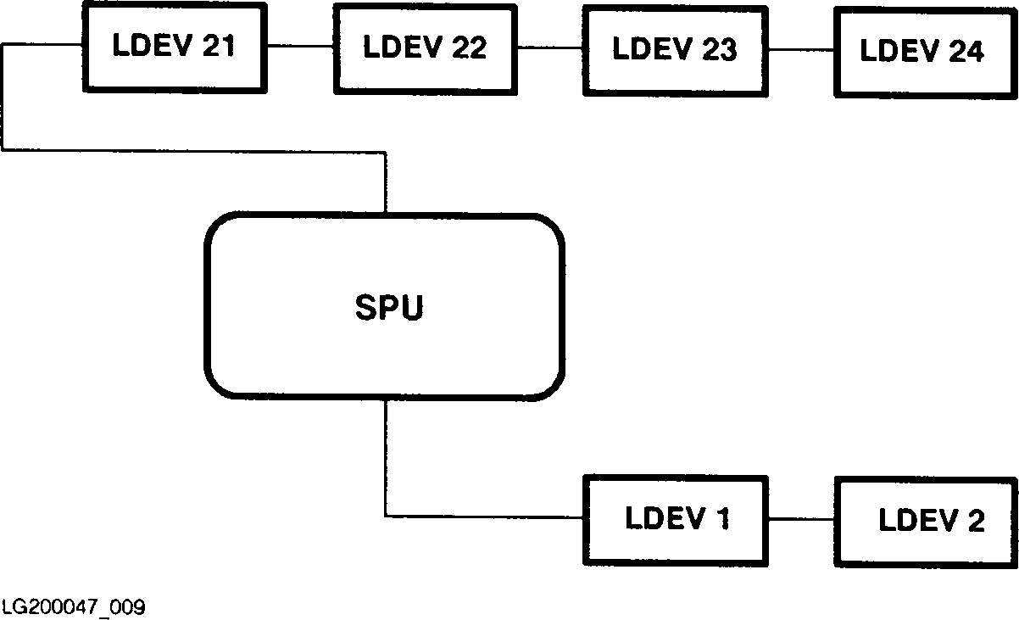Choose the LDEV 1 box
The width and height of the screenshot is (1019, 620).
pos(676,519)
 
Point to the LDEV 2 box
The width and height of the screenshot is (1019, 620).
pos(925,520)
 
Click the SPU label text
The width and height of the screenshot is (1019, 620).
pos(388,308)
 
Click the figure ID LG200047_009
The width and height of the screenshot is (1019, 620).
pos(74,607)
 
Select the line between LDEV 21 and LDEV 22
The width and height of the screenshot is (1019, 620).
pos(299,45)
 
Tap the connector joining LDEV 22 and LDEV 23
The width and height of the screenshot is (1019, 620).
pos(550,48)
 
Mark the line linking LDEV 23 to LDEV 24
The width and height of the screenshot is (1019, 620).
pos(801,50)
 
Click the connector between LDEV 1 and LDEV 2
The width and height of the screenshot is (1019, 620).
pos(801,519)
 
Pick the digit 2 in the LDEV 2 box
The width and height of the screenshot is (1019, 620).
pos(976,520)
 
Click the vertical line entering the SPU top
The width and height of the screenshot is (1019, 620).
pos(387,182)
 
